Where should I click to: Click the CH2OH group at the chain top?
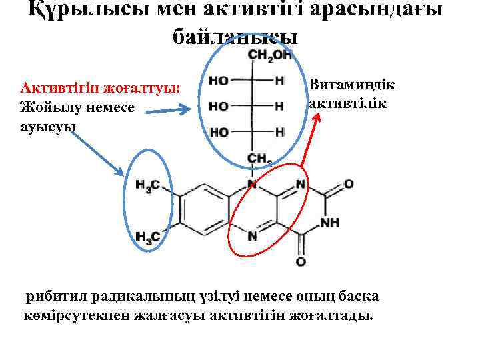tap(270, 55)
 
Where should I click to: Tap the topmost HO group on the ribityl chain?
tap(219, 81)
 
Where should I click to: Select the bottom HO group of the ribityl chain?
tap(219, 132)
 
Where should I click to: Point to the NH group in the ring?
tap(331, 222)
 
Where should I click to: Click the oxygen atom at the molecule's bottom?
tap(301, 262)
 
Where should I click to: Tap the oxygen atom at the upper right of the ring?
tap(348, 183)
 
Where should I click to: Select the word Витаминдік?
tap(352, 86)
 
